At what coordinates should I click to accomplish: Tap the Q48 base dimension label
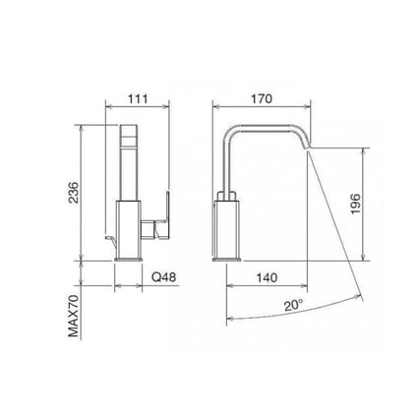tap(162, 278)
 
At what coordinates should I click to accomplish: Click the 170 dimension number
tap(260, 99)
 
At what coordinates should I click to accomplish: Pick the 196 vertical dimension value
tap(356, 204)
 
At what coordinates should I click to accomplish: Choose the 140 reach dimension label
tap(263, 278)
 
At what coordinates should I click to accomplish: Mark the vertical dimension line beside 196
tap(367, 204)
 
